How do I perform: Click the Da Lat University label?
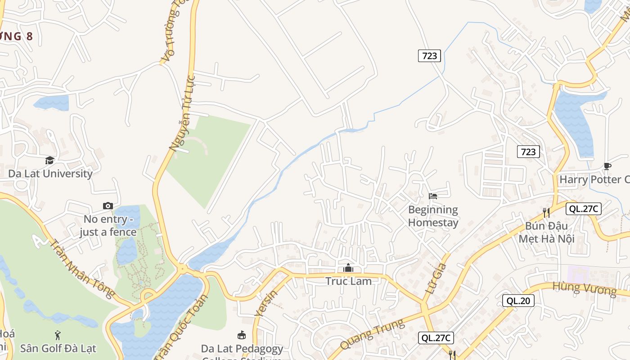point(50,174)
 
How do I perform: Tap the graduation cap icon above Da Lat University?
point(49,161)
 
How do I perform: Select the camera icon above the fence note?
point(108,206)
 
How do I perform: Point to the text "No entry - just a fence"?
point(108,226)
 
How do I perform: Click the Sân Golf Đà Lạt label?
point(58,348)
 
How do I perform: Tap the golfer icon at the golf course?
point(58,335)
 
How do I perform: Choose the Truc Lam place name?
point(349,281)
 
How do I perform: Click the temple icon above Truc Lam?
point(348,268)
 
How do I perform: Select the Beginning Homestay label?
point(433,216)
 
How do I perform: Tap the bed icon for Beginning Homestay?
point(433,196)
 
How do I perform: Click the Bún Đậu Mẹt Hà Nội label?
point(546,232)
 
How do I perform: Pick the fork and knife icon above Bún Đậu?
point(546,212)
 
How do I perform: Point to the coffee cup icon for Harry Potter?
point(607,166)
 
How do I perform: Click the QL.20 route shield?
point(518,301)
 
